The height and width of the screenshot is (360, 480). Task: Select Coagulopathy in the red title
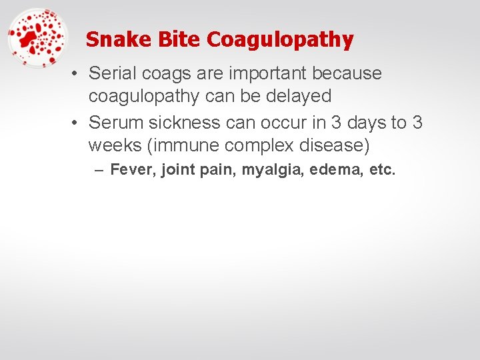(280, 40)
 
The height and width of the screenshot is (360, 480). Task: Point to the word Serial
(111, 73)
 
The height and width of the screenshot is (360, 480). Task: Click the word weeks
(113, 145)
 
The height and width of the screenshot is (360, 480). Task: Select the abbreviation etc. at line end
(383, 170)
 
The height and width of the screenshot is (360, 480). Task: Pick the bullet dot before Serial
(78, 73)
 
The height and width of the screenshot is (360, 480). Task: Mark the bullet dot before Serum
(78, 123)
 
